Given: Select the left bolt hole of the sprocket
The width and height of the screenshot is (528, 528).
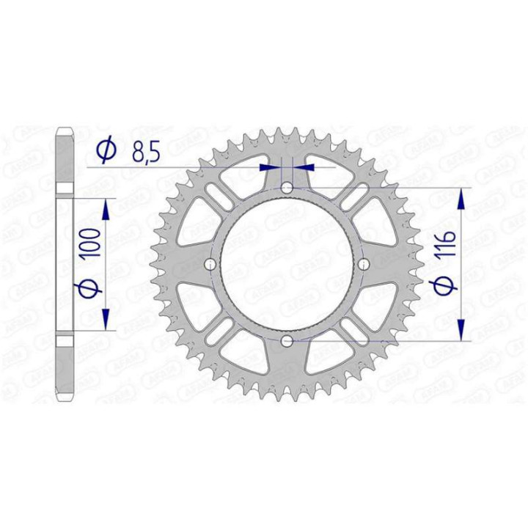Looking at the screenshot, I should click(210, 264).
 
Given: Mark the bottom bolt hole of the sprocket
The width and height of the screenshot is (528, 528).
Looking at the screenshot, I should click(287, 341).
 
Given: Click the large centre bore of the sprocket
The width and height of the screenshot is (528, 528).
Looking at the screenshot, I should click(287, 264).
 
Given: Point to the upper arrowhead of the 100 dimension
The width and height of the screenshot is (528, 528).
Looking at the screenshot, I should click(107, 208).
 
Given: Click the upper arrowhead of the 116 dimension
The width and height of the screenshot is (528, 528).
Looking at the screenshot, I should click(461, 198).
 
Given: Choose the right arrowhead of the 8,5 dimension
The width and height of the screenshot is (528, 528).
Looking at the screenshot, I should click(302, 167).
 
